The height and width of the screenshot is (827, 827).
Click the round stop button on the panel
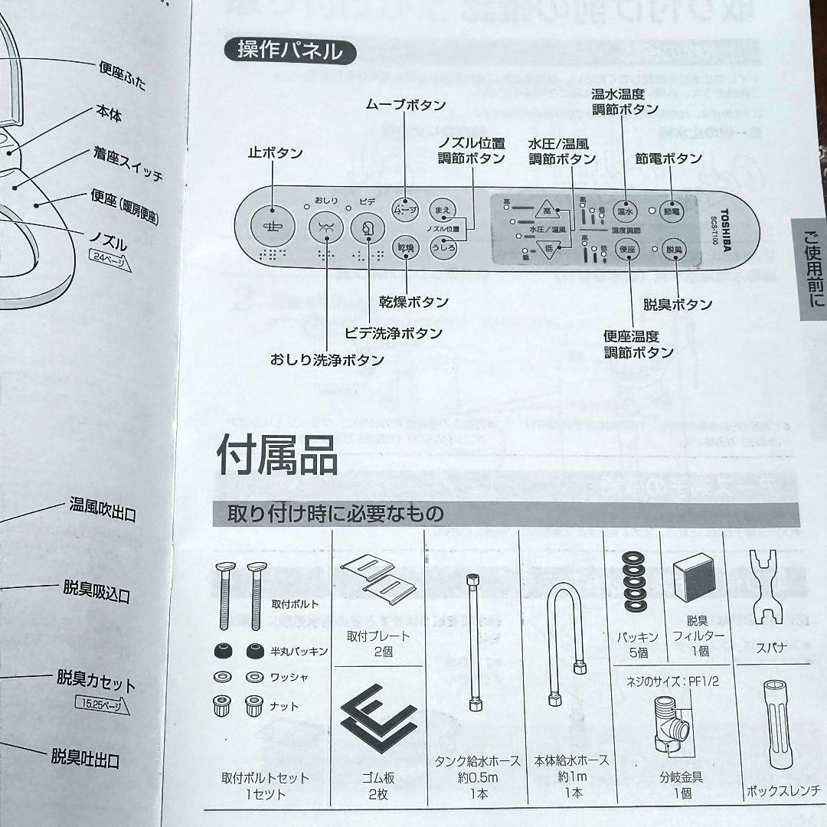(x=271, y=227)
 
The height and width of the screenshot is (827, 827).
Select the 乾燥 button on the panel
(x=404, y=247)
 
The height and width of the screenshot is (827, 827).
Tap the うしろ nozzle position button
(x=443, y=247)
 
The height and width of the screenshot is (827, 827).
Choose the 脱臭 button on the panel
(x=672, y=250)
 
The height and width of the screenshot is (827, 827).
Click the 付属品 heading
(x=276, y=456)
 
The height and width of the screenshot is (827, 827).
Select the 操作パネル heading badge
(x=289, y=53)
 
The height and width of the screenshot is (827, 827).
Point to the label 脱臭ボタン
(x=678, y=305)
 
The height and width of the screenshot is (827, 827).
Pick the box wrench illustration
(x=782, y=731)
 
